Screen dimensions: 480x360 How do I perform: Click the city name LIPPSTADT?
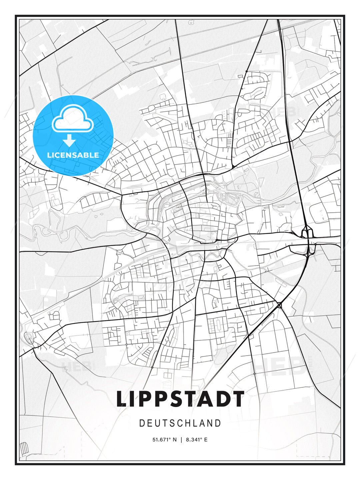(x=180, y=399)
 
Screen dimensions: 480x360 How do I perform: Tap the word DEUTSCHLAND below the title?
(x=180, y=423)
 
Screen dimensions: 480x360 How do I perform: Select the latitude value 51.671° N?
(x=164, y=440)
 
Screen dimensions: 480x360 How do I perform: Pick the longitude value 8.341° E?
(x=197, y=440)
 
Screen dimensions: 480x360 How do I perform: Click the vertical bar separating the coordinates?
(x=181, y=440)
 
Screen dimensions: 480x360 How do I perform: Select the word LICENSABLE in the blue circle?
(x=73, y=155)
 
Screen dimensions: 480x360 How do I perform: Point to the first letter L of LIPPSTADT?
(x=121, y=399)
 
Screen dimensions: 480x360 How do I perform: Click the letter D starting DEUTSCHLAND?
(x=142, y=423)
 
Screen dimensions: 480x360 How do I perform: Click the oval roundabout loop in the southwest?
(x=29, y=338)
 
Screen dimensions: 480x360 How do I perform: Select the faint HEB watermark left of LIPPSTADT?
(x=77, y=366)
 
